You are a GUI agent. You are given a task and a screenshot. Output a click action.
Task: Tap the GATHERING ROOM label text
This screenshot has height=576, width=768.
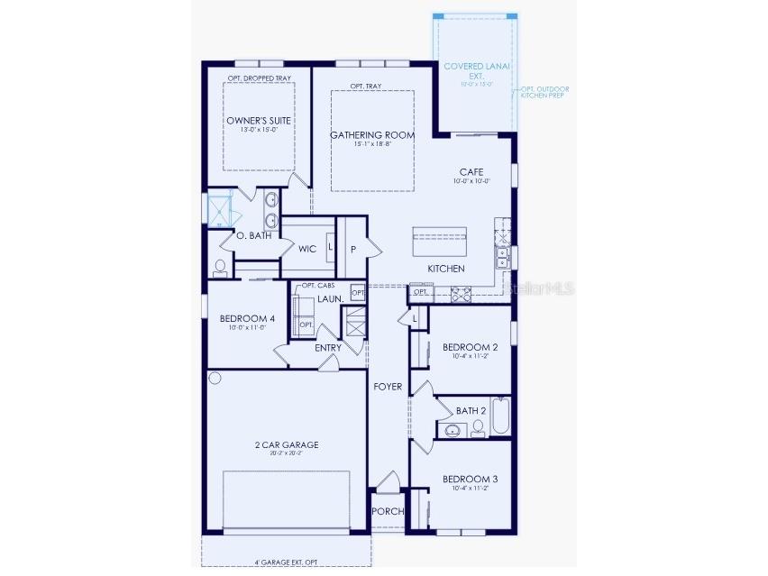coord(371,135)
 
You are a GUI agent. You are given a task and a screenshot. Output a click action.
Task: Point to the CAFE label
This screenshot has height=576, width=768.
coord(471,171)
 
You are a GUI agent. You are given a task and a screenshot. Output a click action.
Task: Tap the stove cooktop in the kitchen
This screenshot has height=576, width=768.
coord(461,292)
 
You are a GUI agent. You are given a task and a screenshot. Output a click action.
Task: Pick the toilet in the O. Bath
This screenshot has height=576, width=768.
coord(220,268)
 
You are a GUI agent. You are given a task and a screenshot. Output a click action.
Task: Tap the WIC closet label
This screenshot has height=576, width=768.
coord(307,249)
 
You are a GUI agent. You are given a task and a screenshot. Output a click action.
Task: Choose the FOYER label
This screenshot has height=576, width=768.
coord(388,387)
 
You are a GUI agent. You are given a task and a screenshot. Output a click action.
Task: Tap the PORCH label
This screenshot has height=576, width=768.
coord(389,512)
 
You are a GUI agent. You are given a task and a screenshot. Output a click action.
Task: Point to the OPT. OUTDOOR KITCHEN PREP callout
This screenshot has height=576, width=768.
coord(544,92)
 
